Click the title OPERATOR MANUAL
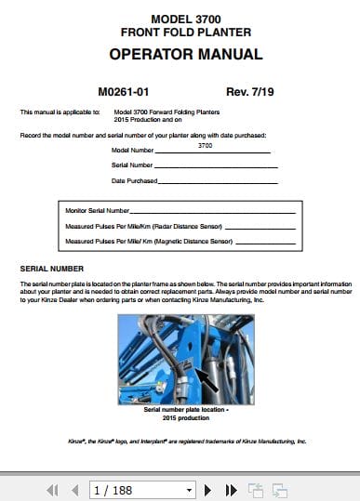pyautogui.click(x=186, y=55)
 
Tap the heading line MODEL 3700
pyautogui.click(x=186, y=18)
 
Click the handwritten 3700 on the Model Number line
pyautogui.click(x=205, y=145)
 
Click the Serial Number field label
pyautogui.click(x=132, y=165)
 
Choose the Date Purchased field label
pyautogui.click(x=134, y=180)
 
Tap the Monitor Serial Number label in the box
pyautogui.click(x=98, y=211)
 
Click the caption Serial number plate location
pyautogui.click(x=186, y=409)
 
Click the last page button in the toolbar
pyautogui.click(x=232, y=489)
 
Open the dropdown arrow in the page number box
pyautogui.click(x=189, y=489)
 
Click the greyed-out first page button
pyautogui.click(x=52, y=489)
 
